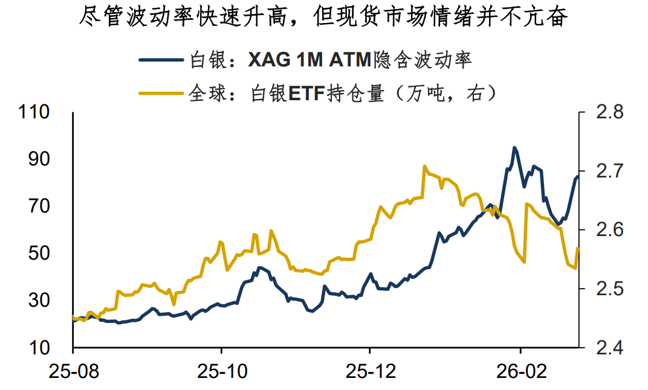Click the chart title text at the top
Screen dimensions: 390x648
(324, 18)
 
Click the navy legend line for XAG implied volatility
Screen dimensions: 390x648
(161, 60)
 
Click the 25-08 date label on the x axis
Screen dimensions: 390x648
(73, 371)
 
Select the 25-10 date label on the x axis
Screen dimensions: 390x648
(221, 371)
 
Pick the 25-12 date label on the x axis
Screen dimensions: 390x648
(370, 371)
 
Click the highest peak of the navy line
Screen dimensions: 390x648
(514, 147)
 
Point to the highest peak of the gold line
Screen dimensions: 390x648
(425, 166)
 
